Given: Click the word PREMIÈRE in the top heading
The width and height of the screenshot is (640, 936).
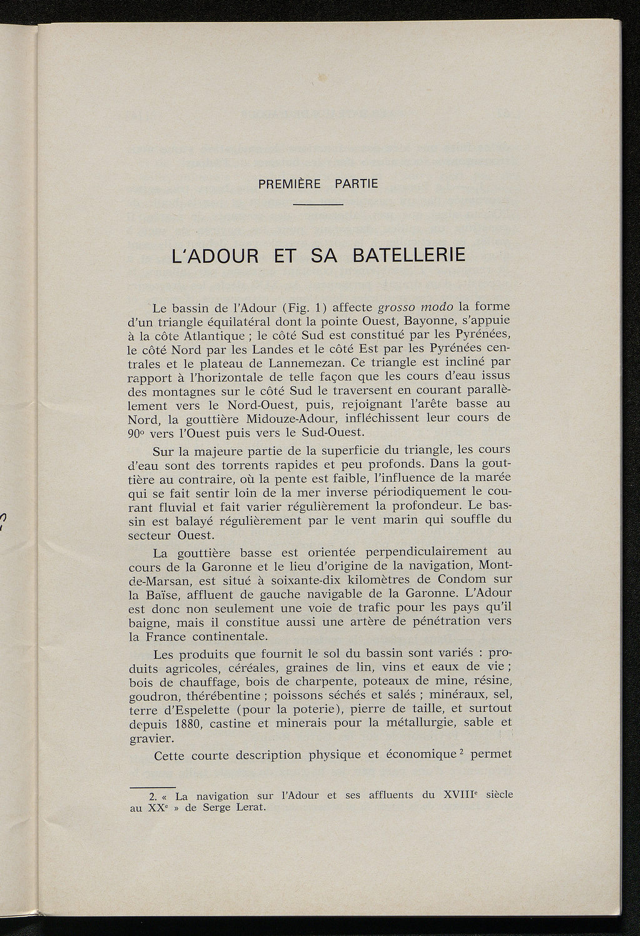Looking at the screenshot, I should pos(289,185).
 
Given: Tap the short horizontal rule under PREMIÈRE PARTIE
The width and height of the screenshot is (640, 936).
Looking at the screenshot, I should pos(318,205).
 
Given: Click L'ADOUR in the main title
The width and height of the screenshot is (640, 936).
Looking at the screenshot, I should pos(209,257).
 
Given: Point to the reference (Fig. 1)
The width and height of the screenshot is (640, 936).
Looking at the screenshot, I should pos(304,308).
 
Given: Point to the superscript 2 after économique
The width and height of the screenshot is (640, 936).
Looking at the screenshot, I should pos(457,749).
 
